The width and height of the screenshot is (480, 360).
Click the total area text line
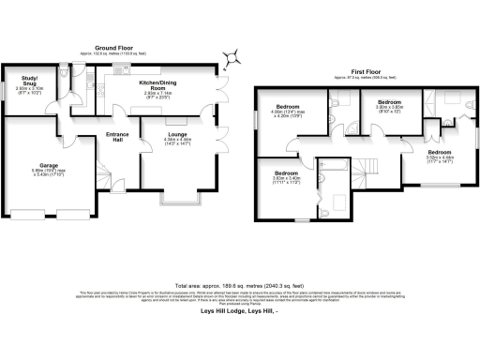(x=239, y=284)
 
